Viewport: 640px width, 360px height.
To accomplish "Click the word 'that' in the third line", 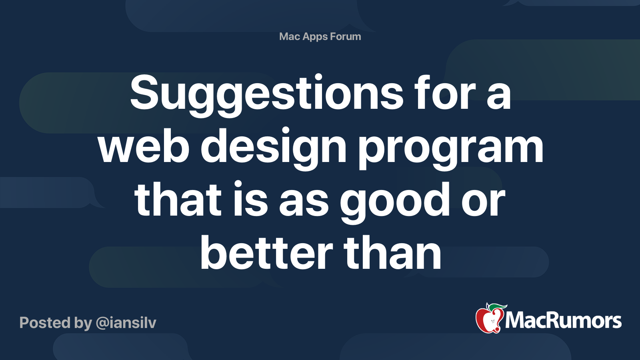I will pos(178,200).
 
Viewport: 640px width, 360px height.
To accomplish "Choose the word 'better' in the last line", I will pos(266,253).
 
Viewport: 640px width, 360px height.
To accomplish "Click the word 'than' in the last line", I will pos(392,253).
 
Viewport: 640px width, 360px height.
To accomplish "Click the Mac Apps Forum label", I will pos(320,36).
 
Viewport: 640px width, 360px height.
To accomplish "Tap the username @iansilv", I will pos(126,323).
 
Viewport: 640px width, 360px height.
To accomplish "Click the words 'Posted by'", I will pos(56,323).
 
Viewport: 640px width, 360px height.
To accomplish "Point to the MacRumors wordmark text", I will pos(563,320).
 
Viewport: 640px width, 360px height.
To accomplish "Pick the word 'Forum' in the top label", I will pos(346,36).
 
